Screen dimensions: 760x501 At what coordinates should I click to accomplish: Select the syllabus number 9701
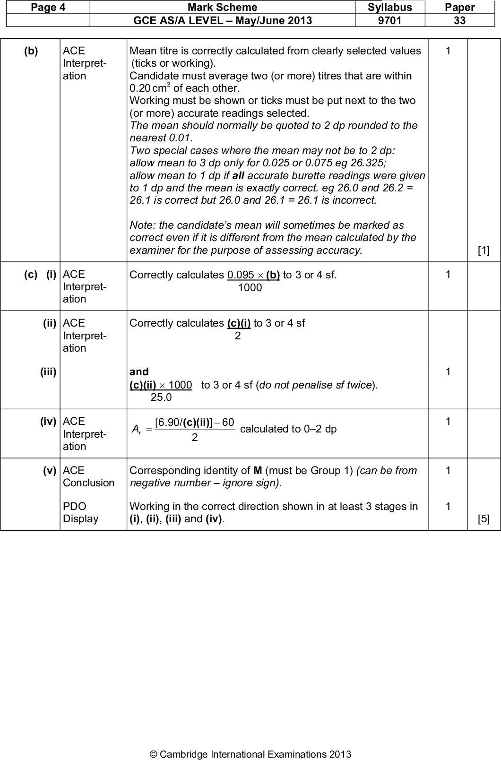tap(389, 20)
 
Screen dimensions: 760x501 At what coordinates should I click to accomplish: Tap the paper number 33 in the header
tap(459, 20)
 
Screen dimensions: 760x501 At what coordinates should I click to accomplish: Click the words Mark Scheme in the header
tap(222, 7)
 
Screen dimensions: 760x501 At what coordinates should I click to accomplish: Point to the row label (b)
tap(31, 51)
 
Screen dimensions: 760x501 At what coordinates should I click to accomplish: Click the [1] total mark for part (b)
tap(483, 250)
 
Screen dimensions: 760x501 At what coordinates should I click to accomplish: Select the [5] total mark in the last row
tap(483, 519)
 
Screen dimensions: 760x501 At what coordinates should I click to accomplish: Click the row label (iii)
tap(48, 372)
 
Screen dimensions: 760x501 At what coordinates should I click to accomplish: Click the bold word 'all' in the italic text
tap(238, 175)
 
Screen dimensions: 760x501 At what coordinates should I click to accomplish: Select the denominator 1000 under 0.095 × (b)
tap(250, 288)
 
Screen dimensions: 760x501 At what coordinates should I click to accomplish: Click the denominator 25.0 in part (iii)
tap(161, 397)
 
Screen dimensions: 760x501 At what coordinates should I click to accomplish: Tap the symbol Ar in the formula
tap(136, 430)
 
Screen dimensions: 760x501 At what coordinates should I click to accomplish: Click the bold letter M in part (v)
tap(258, 471)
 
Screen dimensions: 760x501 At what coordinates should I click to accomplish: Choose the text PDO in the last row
tap(74, 506)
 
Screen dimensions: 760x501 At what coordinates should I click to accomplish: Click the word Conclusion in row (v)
tap(88, 483)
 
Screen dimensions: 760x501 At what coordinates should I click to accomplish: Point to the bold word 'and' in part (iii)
tap(139, 372)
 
